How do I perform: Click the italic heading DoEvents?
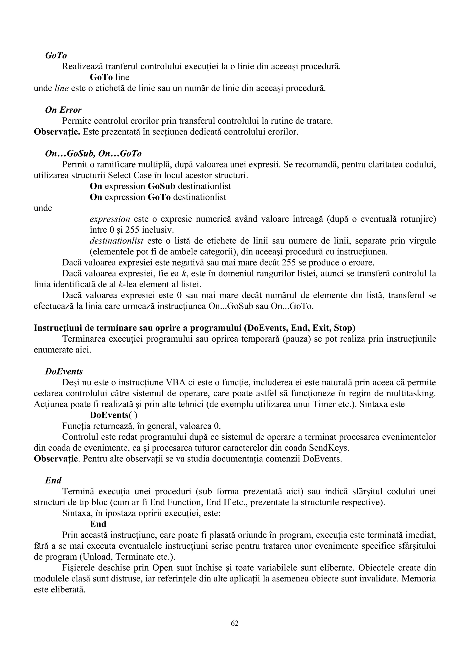[64, 371]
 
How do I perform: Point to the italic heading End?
[53, 481]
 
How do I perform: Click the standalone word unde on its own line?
[43, 208]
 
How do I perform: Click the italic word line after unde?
[62, 88]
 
